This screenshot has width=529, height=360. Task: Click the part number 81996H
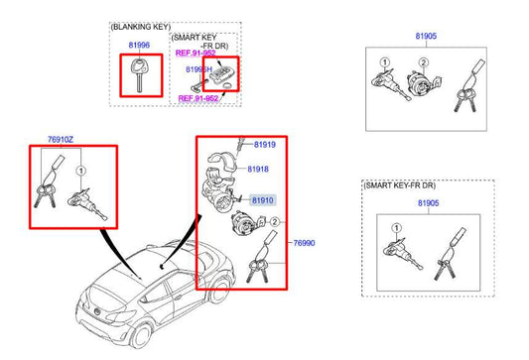198,69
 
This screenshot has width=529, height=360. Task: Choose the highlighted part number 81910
262,200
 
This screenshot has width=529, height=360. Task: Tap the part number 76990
304,243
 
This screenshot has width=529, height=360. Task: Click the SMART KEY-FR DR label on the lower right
400,186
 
